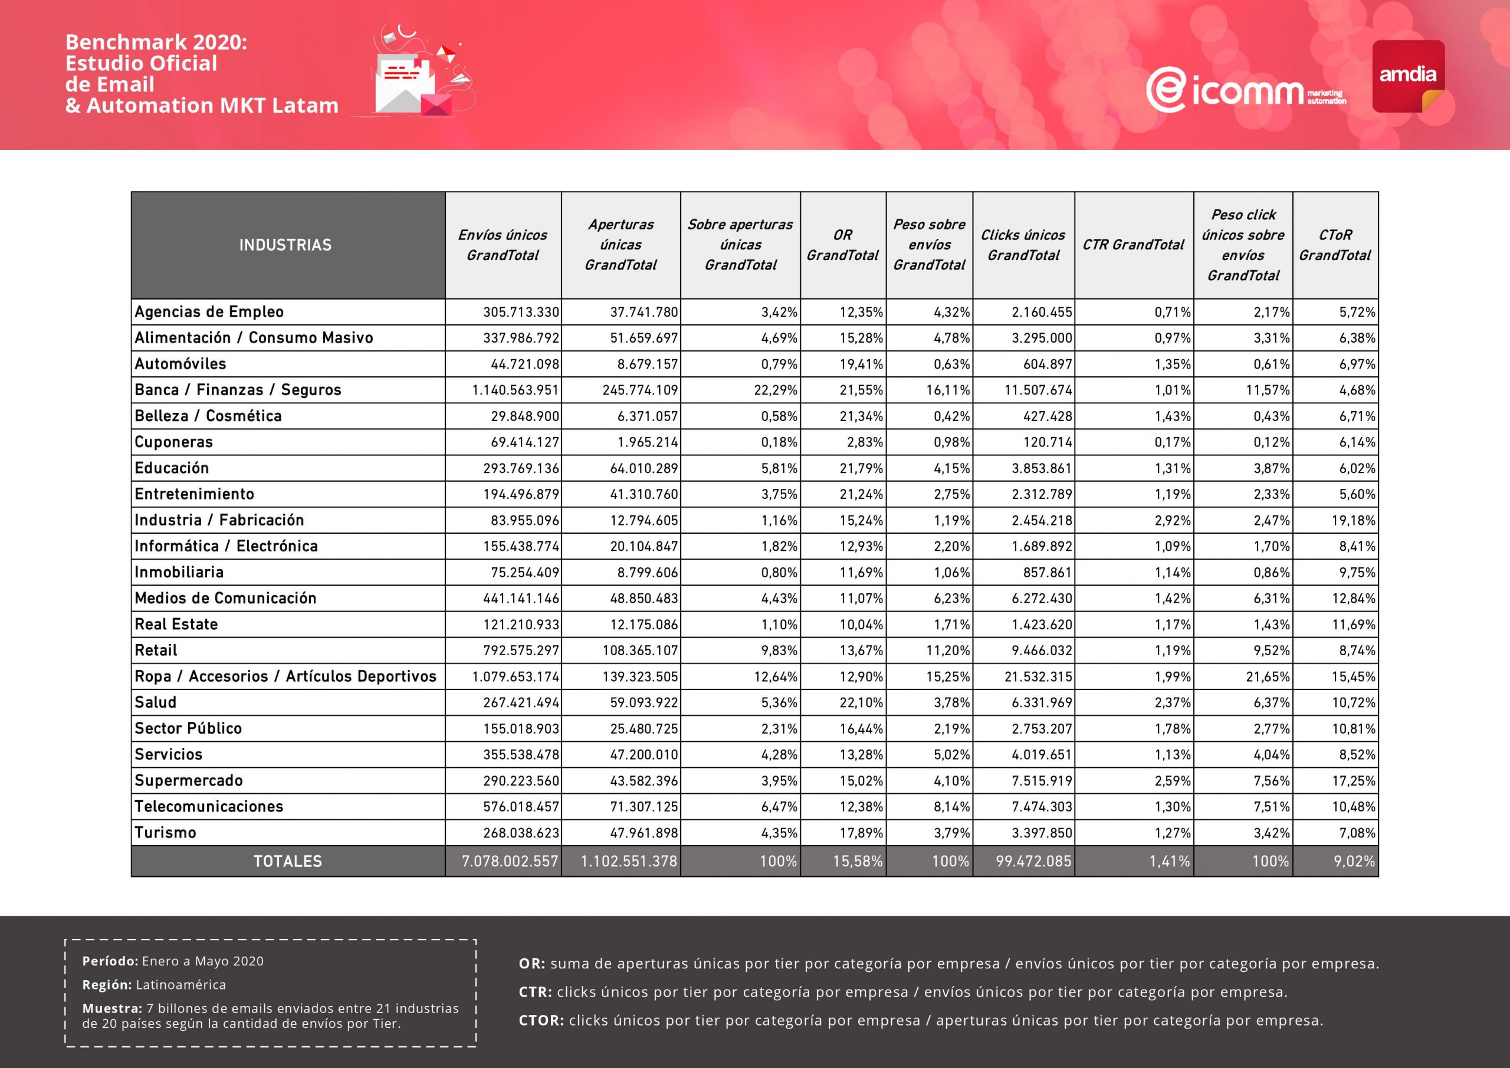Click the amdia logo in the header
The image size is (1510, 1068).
pos(1407,76)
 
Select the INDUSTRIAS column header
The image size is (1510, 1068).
pos(285,245)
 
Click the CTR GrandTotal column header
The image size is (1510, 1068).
pos(1133,245)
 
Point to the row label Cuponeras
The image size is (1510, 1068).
pos(173,442)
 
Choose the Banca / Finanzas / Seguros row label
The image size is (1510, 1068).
pos(238,390)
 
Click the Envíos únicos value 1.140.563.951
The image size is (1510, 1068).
pos(515,390)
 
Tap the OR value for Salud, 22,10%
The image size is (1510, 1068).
pos(861,702)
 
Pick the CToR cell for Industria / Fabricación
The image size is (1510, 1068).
pos(1354,520)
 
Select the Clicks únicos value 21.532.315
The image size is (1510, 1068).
pos(1038,676)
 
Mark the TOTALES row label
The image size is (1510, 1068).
pos(287,862)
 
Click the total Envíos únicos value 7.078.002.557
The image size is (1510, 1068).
pos(510,862)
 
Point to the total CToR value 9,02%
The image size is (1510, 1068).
pos(1354,862)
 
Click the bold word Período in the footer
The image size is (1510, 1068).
pos(110,961)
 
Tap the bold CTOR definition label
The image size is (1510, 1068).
pos(541,1021)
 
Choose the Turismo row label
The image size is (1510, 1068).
pos(166,833)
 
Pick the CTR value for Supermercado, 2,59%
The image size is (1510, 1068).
pos(1173,781)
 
